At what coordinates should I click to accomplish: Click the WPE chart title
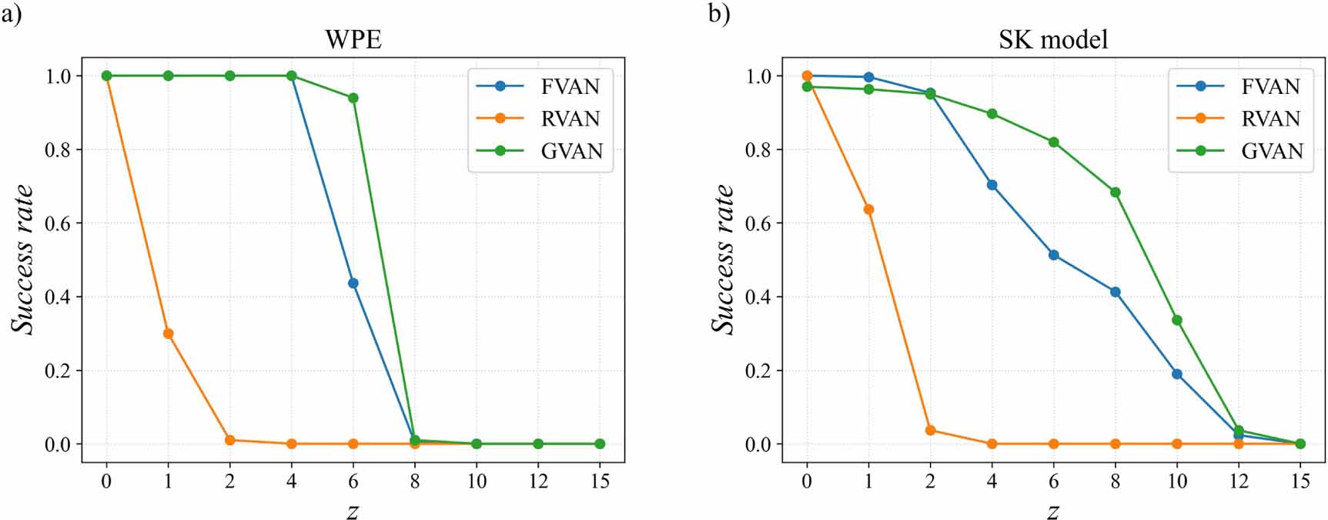click(x=353, y=39)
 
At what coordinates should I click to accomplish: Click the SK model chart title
click(x=1053, y=39)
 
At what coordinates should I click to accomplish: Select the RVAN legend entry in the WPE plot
click(x=570, y=119)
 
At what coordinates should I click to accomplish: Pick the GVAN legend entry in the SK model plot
click(x=1271, y=151)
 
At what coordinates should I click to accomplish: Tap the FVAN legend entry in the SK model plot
click(x=1270, y=86)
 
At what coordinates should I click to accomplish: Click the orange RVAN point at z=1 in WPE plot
click(x=168, y=334)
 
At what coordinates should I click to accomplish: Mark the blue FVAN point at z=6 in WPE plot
click(x=353, y=283)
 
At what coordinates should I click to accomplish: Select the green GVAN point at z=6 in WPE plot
click(x=353, y=98)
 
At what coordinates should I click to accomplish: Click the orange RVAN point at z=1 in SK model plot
click(x=868, y=210)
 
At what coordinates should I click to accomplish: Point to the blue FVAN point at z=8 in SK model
click(x=1116, y=292)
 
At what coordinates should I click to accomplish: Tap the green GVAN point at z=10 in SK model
click(x=1177, y=320)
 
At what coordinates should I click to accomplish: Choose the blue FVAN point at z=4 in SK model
click(x=992, y=185)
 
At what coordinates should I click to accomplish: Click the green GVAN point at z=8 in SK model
click(x=1116, y=193)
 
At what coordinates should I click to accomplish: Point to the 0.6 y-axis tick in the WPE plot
click(x=57, y=223)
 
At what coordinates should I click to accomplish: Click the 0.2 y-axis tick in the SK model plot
click(x=758, y=371)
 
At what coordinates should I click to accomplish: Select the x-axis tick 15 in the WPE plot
click(x=600, y=481)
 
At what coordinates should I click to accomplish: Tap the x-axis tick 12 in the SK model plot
click(x=1238, y=481)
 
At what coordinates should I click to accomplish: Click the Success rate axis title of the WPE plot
click(x=23, y=259)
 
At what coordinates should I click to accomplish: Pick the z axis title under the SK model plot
click(x=1053, y=509)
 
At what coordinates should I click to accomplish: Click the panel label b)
click(x=718, y=14)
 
